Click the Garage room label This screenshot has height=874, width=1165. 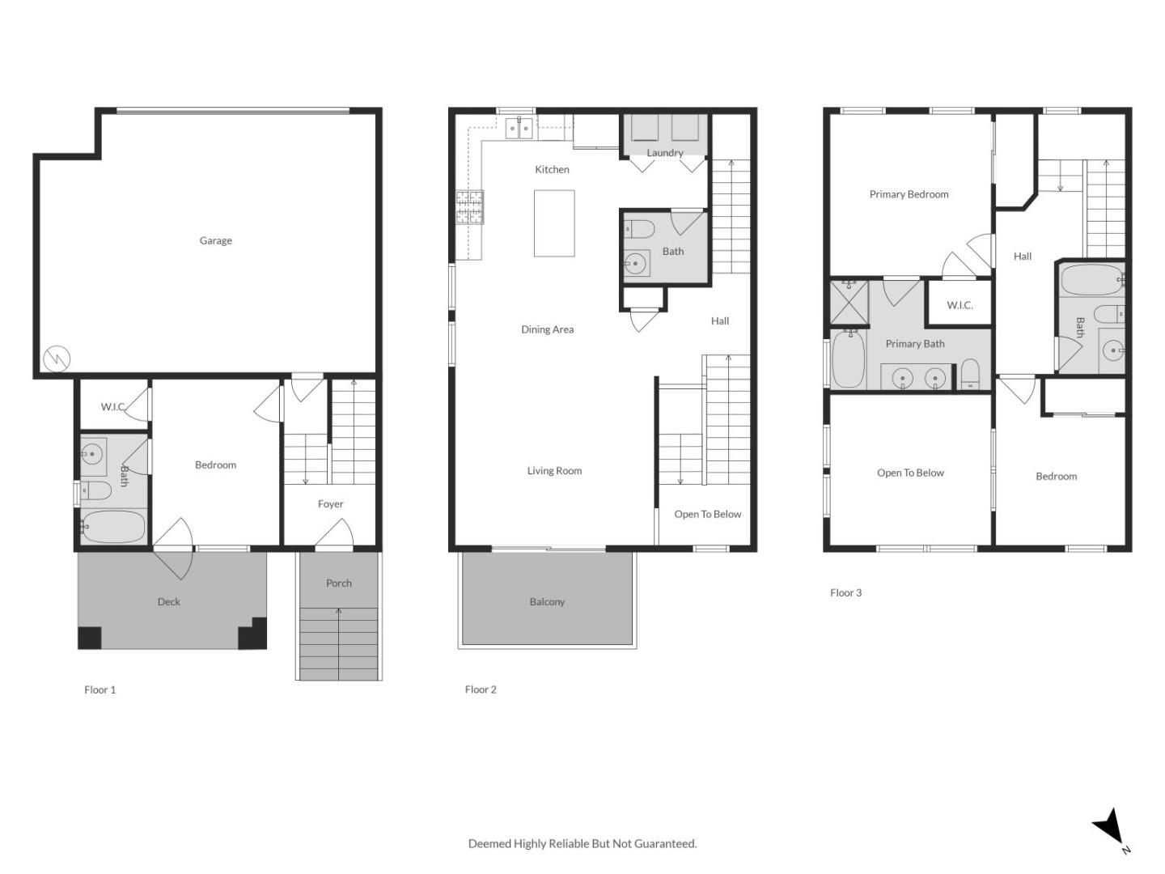215,240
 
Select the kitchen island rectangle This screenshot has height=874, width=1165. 554,223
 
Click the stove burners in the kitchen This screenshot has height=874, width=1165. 469,206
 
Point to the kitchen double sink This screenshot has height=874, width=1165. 519,128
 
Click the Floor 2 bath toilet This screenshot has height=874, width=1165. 639,229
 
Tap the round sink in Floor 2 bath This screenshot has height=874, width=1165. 637,263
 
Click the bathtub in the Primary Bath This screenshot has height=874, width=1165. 848,359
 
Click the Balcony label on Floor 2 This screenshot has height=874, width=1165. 547,601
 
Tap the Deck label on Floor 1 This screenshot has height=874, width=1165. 168,601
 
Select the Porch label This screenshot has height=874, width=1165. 338,583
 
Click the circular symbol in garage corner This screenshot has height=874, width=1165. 57,358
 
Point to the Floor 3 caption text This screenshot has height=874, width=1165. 845,592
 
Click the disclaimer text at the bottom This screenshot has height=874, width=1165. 582,843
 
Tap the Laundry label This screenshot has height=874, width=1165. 664,153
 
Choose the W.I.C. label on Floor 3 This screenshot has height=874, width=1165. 960,305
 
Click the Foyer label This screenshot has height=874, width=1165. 330,503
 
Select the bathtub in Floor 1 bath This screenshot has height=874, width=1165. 113,527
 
